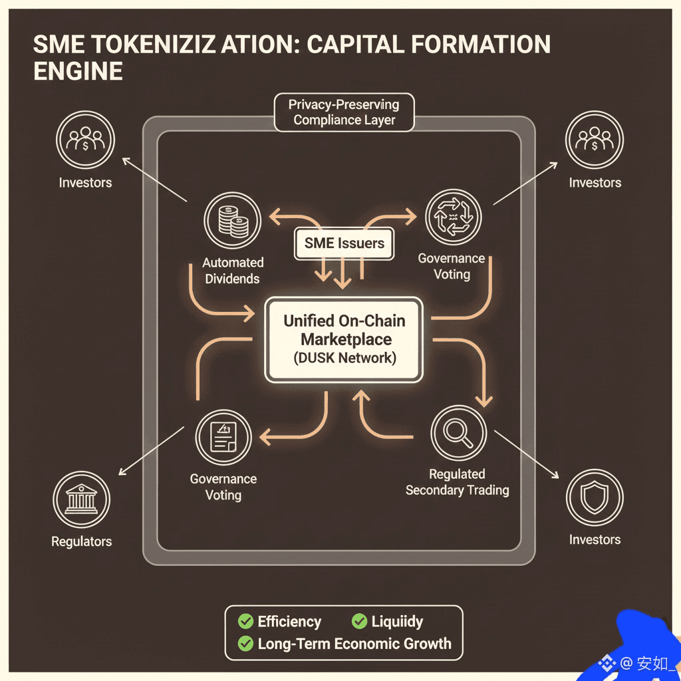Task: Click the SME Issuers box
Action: coord(344,243)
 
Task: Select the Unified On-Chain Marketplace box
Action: coord(344,339)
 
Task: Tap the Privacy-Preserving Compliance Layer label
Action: coord(344,112)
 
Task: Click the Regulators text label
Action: coord(81,541)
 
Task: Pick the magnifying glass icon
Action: coord(458,433)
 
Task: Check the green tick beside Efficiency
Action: coord(246,622)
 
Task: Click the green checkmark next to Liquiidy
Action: coord(359,622)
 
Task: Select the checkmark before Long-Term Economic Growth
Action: coord(246,644)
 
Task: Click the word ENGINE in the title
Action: coord(78,70)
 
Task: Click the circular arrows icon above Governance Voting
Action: coord(452,217)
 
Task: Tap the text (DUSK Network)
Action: coord(344,358)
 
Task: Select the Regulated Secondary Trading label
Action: coord(457,482)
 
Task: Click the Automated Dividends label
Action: coord(233,271)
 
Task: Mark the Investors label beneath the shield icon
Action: coord(595,539)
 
